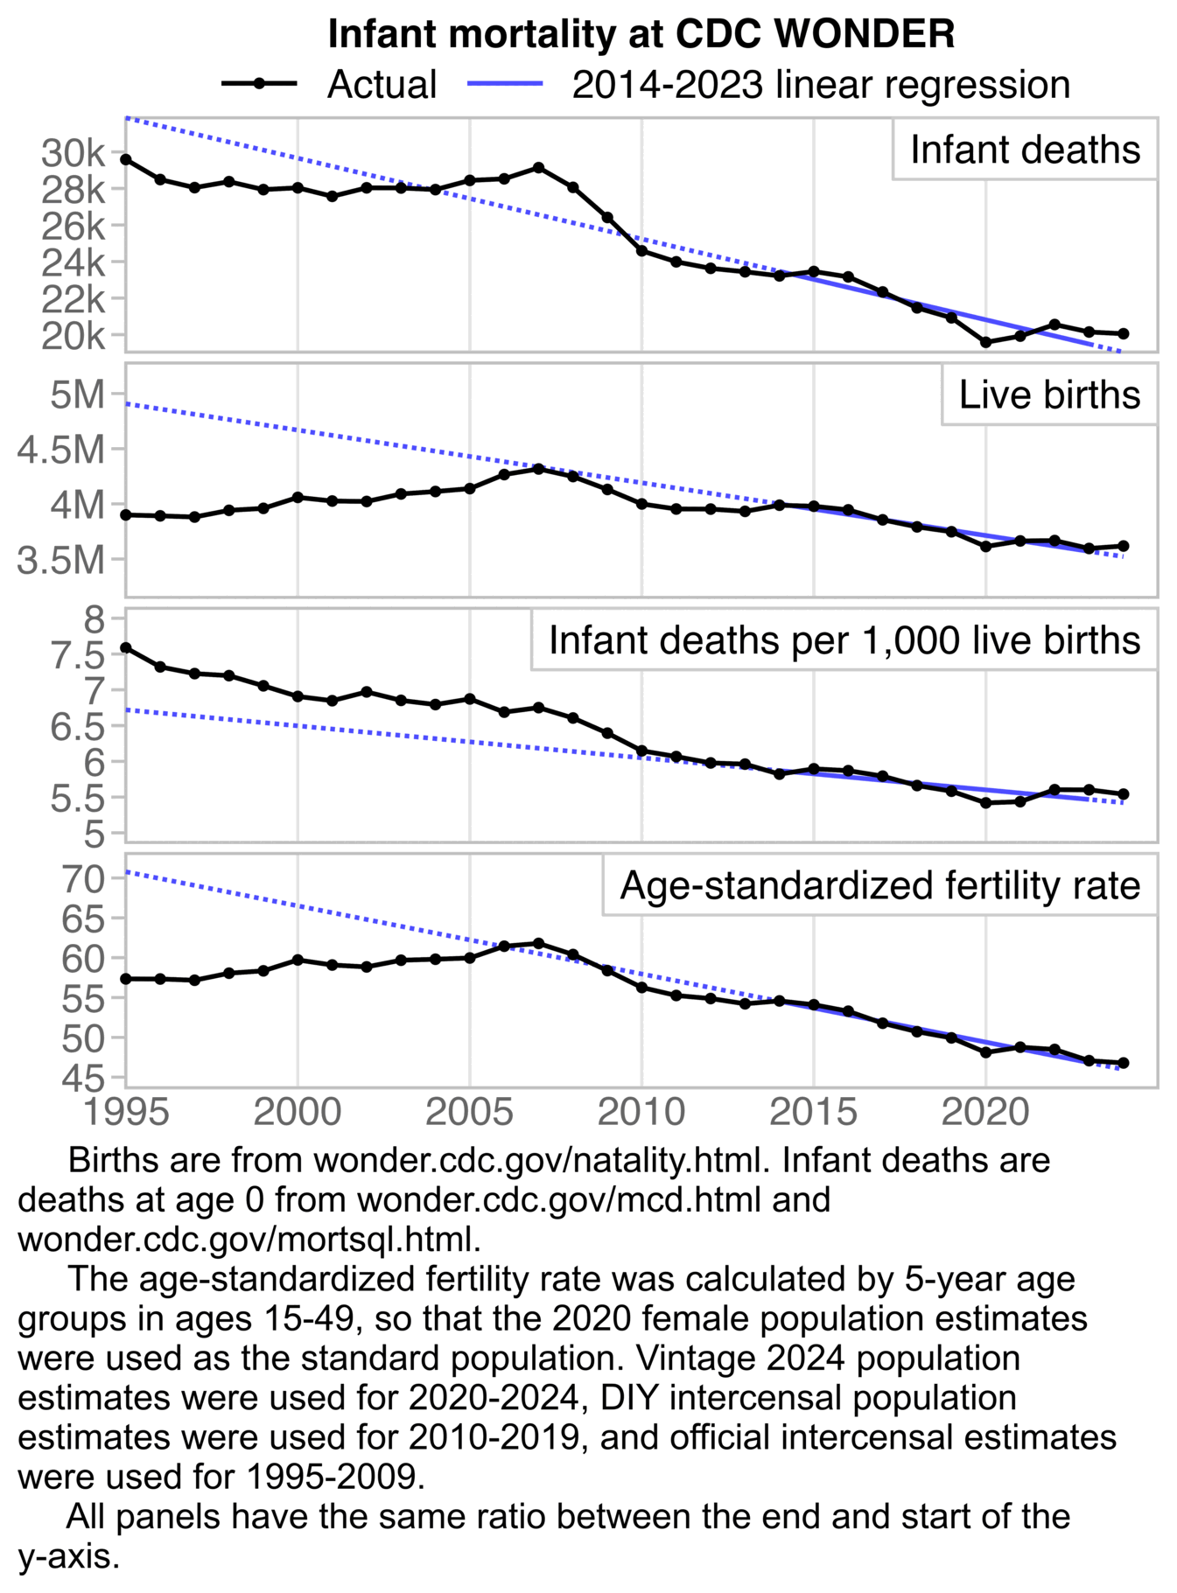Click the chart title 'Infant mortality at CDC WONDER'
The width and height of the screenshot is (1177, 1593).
641,34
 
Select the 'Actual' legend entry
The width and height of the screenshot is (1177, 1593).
381,85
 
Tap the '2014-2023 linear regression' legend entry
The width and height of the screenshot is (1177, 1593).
820,85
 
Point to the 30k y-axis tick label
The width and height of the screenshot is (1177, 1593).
73,153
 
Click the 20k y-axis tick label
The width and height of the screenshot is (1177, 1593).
73,335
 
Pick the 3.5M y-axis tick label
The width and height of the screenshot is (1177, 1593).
61,560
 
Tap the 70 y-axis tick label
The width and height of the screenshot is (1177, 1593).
83,878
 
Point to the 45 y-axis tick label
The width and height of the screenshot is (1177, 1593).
83,1079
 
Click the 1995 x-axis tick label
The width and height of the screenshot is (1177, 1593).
127,1113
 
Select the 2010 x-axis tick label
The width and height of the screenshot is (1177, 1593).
641,1113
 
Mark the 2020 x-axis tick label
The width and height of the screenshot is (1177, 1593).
985,1113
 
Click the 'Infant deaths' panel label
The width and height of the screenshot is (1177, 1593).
1025,150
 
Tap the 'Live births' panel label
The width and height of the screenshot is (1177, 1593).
1049,395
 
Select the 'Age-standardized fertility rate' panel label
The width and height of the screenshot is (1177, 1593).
879,885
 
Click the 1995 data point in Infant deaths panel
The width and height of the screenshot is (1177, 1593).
126,159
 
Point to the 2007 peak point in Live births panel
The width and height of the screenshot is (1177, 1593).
539,469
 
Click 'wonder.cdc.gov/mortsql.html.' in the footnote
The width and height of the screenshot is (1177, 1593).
249,1239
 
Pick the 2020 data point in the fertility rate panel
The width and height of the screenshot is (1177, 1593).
986,1052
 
